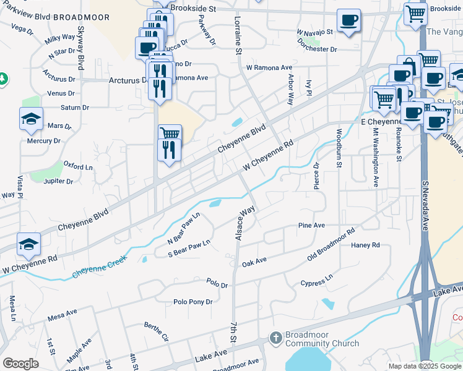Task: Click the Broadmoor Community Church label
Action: (x=321, y=339)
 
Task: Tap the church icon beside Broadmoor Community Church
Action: (x=275, y=338)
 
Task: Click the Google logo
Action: (x=20, y=364)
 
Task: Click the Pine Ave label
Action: (x=311, y=226)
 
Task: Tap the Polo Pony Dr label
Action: (x=193, y=302)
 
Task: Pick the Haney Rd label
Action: (x=365, y=245)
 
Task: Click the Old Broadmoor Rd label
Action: (x=331, y=245)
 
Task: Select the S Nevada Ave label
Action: (x=425, y=206)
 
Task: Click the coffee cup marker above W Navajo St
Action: (x=349, y=20)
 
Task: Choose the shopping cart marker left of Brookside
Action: (x=415, y=13)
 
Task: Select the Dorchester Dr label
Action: (x=316, y=48)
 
